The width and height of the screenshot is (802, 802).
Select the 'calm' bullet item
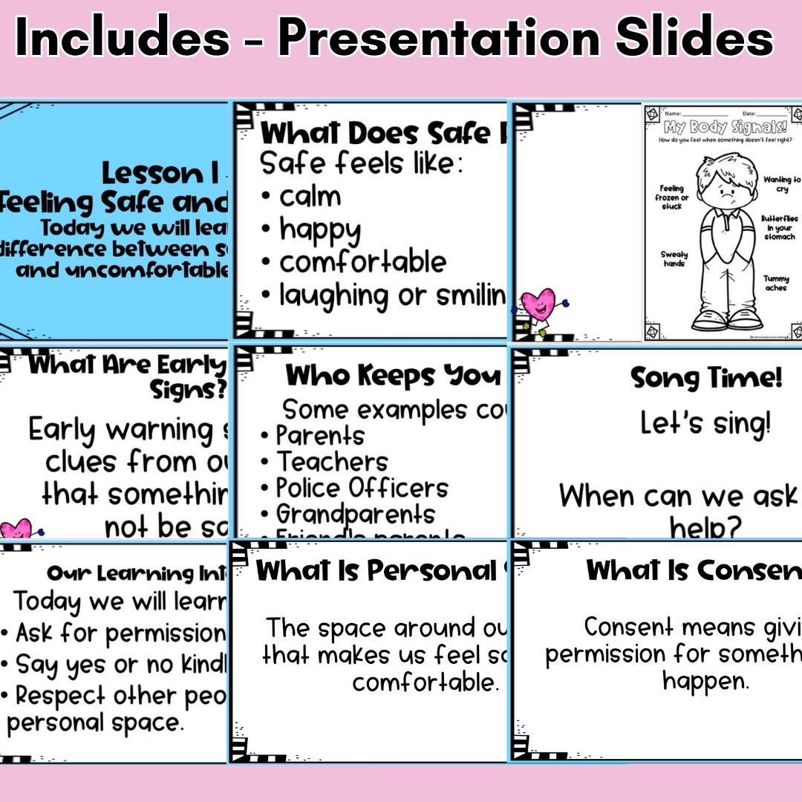click(x=310, y=197)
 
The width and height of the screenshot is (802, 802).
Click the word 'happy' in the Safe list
click(x=320, y=231)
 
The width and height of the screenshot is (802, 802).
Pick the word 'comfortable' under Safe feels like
click(x=362, y=262)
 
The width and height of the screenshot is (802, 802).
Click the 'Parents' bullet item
click(x=320, y=436)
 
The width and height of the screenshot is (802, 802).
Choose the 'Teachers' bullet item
click(x=332, y=462)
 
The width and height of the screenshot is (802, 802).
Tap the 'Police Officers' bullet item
click(x=362, y=488)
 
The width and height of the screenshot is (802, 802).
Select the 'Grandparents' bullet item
click(x=356, y=514)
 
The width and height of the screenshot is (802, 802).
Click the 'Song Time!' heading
click(x=706, y=378)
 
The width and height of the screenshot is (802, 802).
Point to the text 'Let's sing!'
click(x=705, y=424)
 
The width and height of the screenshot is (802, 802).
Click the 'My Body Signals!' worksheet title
click(x=720, y=126)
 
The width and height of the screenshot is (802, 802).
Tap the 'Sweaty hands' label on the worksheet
click(x=674, y=258)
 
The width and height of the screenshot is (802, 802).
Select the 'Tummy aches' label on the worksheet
click(x=776, y=283)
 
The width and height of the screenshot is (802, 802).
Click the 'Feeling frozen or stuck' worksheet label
click(x=672, y=198)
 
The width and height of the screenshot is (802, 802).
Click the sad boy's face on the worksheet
click(x=723, y=192)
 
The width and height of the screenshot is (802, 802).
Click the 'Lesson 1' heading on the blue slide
click(x=160, y=174)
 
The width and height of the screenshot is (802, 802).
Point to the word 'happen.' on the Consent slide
click(x=705, y=681)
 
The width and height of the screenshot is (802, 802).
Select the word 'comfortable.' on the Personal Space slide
click(x=424, y=682)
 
